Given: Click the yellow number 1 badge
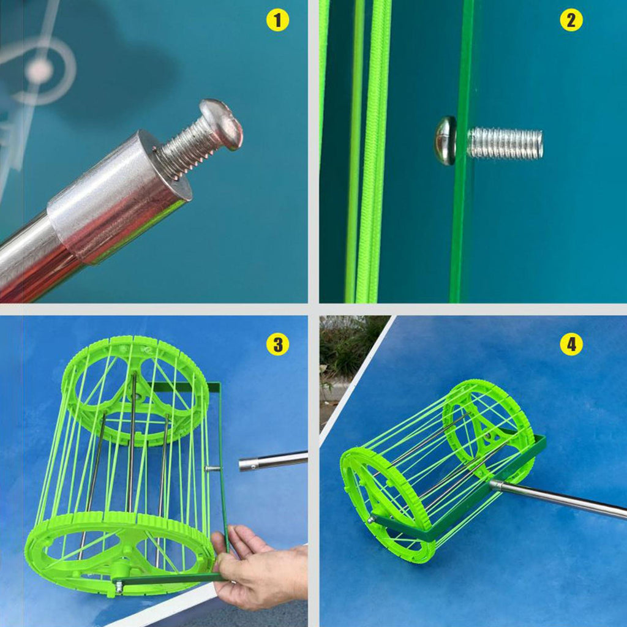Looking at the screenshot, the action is click(x=277, y=20).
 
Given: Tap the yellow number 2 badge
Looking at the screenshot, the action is click(x=571, y=20).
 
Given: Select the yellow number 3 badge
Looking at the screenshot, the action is click(x=277, y=344).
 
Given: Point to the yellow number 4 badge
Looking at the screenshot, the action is click(x=571, y=344).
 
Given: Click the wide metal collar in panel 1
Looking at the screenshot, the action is click(x=119, y=196).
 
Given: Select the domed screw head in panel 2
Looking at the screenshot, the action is click(x=446, y=140).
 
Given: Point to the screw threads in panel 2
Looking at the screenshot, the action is click(x=505, y=143).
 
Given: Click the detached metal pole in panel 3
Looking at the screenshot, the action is click(x=273, y=460).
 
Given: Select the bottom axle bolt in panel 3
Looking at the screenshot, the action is click(x=119, y=586).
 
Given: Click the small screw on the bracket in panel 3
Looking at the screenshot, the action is click(x=212, y=468).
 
